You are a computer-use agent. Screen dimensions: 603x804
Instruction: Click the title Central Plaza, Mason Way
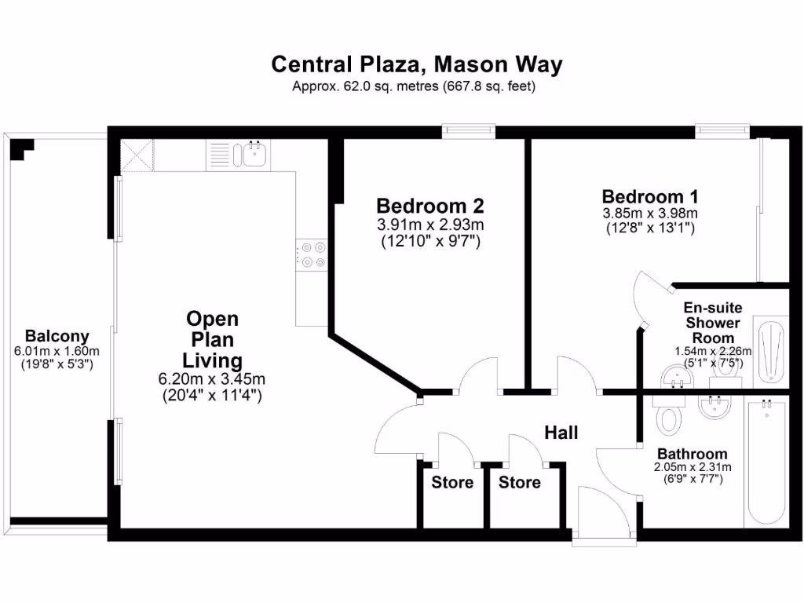click(x=417, y=64)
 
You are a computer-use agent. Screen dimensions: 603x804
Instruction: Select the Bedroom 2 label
click(x=430, y=206)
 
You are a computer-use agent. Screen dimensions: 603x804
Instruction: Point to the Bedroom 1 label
click(x=650, y=196)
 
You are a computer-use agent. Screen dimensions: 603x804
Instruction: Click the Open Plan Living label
click(x=211, y=340)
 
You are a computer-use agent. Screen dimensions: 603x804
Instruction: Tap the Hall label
click(x=561, y=433)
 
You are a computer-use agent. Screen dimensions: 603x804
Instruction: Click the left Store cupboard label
click(x=452, y=482)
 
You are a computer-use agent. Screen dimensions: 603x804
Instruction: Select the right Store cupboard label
click(x=520, y=482)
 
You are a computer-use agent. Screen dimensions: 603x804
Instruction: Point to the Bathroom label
click(x=692, y=454)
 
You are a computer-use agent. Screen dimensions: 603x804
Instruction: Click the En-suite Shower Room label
click(x=713, y=323)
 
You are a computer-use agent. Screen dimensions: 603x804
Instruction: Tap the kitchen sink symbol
click(x=254, y=154)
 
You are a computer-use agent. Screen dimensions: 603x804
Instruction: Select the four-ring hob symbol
click(x=312, y=255)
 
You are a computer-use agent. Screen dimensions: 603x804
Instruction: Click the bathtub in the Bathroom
click(x=766, y=463)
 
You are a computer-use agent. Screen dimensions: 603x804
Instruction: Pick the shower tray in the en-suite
click(x=769, y=350)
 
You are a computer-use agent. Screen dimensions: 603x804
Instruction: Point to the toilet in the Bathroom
click(x=668, y=415)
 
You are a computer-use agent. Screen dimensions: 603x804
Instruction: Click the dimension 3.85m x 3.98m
click(x=650, y=213)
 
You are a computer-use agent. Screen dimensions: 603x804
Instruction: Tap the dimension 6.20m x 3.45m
click(x=211, y=379)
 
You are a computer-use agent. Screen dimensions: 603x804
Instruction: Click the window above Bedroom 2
click(x=468, y=130)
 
